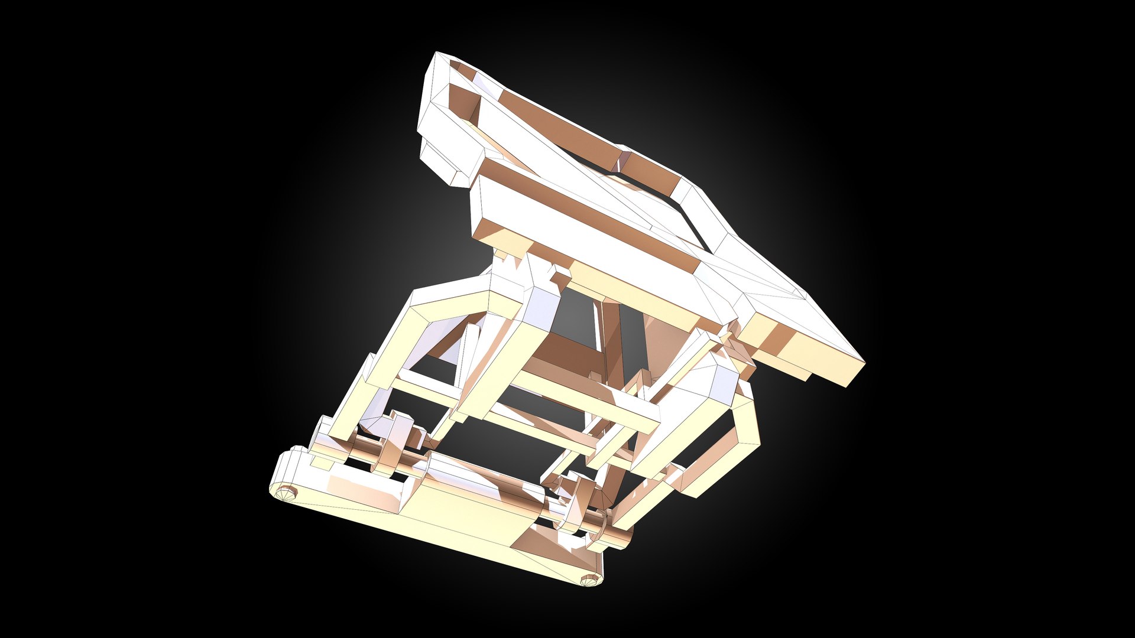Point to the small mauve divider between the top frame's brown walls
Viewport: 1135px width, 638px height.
click(624, 159)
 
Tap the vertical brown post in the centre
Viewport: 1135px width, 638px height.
click(615, 343)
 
